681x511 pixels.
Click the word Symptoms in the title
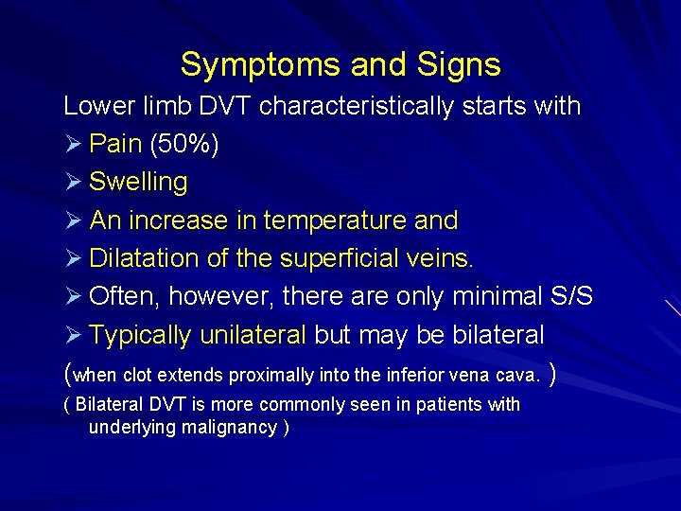pyautogui.click(x=252, y=65)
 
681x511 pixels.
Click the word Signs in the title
pyautogui.click(x=455, y=65)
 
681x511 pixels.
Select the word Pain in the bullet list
pyautogui.click(x=115, y=144)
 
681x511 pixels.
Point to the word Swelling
pyautogui.click(x=138, y=182)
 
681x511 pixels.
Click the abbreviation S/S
pyautogui.click(x=570, y=296)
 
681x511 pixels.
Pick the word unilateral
pyautogui.click(x=253, y=335)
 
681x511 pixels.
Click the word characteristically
pyautogui.click(x=356, y=106)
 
